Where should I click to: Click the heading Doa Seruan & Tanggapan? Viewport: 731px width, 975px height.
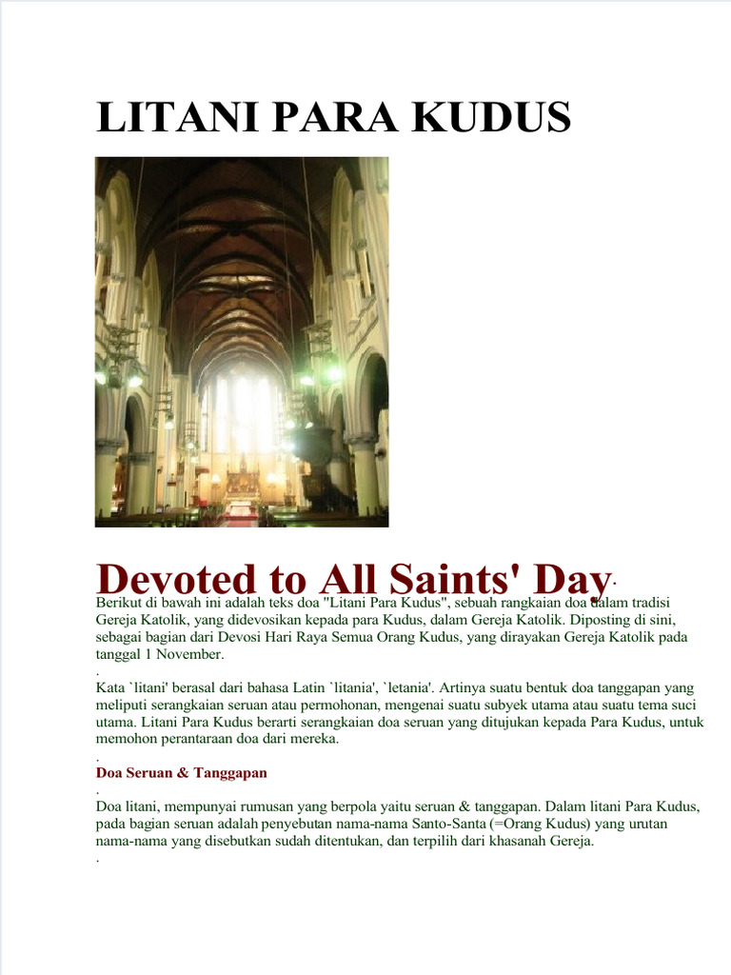(182, 772)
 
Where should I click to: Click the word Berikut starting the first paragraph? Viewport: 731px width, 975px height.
(118, 602)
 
